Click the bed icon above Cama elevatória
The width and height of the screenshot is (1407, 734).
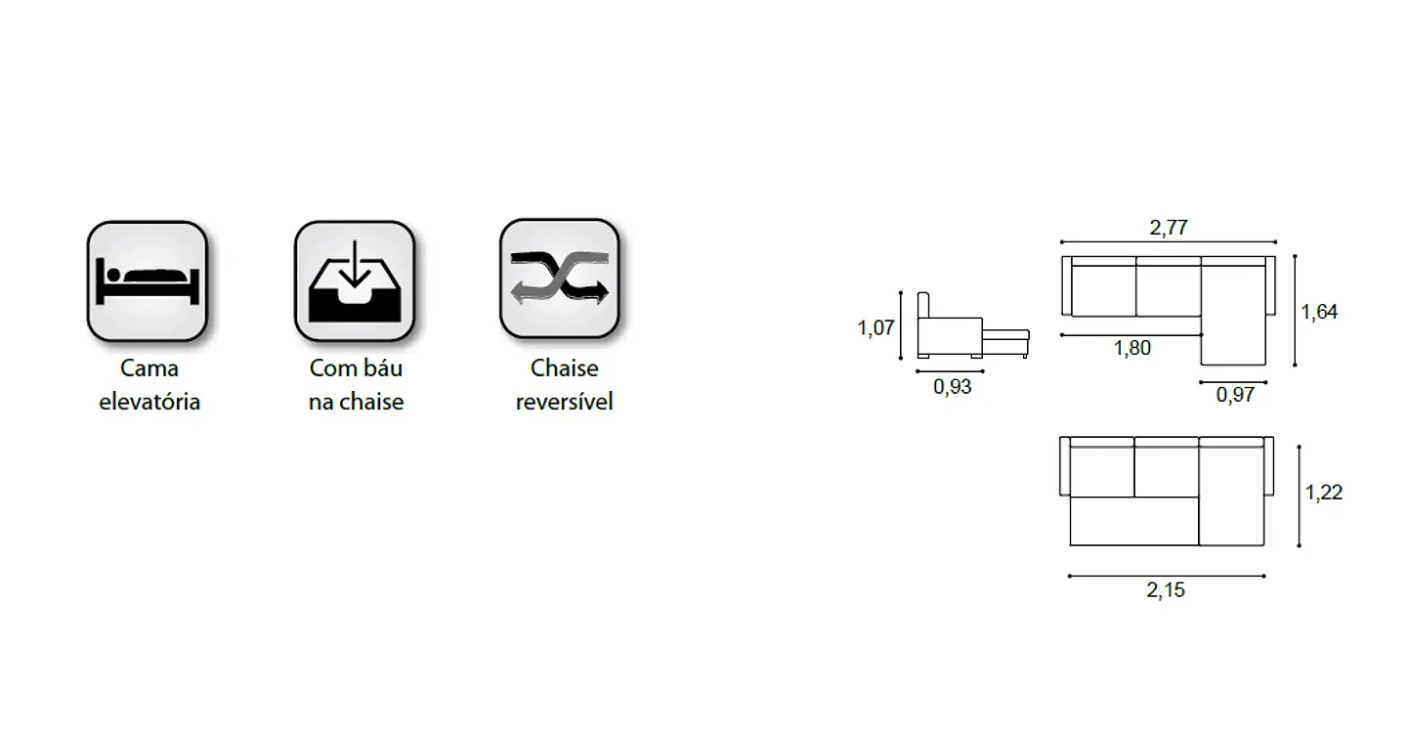tap(148, 281)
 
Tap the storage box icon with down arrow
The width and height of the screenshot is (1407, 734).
tap(355, 281)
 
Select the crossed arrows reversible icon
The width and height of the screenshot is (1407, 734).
tap(560, 279)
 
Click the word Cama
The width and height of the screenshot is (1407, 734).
tap(149, 368)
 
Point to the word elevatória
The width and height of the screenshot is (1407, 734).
tap(149, 402)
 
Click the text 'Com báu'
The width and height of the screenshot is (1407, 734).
tap(356, 368)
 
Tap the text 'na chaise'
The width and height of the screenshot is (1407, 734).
tap(356, 402)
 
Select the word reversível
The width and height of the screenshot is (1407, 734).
tap(564, 402)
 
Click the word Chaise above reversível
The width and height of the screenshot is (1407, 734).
tap(564, 368)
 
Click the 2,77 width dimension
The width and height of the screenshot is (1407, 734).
tap(1169, 227)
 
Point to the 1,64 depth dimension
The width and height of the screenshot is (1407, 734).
tap(1319, 312)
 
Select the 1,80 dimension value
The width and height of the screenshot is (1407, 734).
tap(1131, 348)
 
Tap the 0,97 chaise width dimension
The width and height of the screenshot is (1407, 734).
tap(1235, 395)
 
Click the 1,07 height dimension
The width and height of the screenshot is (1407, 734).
tap(875, 327)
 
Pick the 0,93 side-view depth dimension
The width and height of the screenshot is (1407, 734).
tap(953, 386)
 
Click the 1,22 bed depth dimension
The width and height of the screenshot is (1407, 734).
tap(1324, 492)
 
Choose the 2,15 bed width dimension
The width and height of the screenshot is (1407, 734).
tap(1166, 589)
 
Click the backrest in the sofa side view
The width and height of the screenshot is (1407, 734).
tap(923, 306)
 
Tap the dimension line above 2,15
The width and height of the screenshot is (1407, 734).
tap(1167, 576)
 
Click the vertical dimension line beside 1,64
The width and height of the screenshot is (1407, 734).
tap(1295, 311)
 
